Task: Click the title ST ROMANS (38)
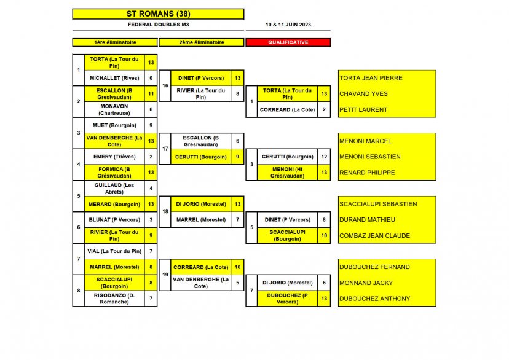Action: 158,14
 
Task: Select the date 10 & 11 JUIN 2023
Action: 288,25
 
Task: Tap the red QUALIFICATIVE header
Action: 288,42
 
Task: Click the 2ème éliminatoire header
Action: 202,42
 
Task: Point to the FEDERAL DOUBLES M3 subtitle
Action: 158,25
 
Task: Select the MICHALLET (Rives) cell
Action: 114,78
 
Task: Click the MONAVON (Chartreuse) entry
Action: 114,109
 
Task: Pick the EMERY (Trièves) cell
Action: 114,157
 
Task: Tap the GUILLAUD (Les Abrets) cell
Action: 114,188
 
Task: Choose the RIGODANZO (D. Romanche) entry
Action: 114,298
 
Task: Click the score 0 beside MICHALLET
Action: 151,78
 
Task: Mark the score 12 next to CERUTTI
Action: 324,157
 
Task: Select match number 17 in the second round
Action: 165,149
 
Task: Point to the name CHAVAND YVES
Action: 363,94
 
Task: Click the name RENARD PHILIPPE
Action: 367,173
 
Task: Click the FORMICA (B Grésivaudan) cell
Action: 114,173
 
